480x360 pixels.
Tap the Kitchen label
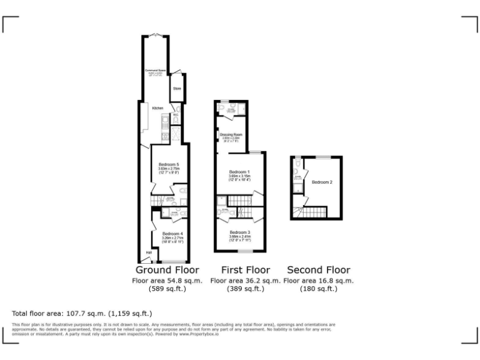pos(157,109)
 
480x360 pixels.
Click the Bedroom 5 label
pos(169,164)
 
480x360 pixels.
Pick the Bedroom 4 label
pos(172,234)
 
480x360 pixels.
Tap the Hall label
pos(149,252)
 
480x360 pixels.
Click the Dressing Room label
pos(231,135)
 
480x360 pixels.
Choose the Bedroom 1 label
pos(239,172)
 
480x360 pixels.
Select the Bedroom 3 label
pos(240,232)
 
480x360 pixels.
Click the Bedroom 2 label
pos(322,182)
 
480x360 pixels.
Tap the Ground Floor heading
pos(167,270)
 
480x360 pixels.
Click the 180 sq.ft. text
pos(318,289)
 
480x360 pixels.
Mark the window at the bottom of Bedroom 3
pos(244,251)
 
